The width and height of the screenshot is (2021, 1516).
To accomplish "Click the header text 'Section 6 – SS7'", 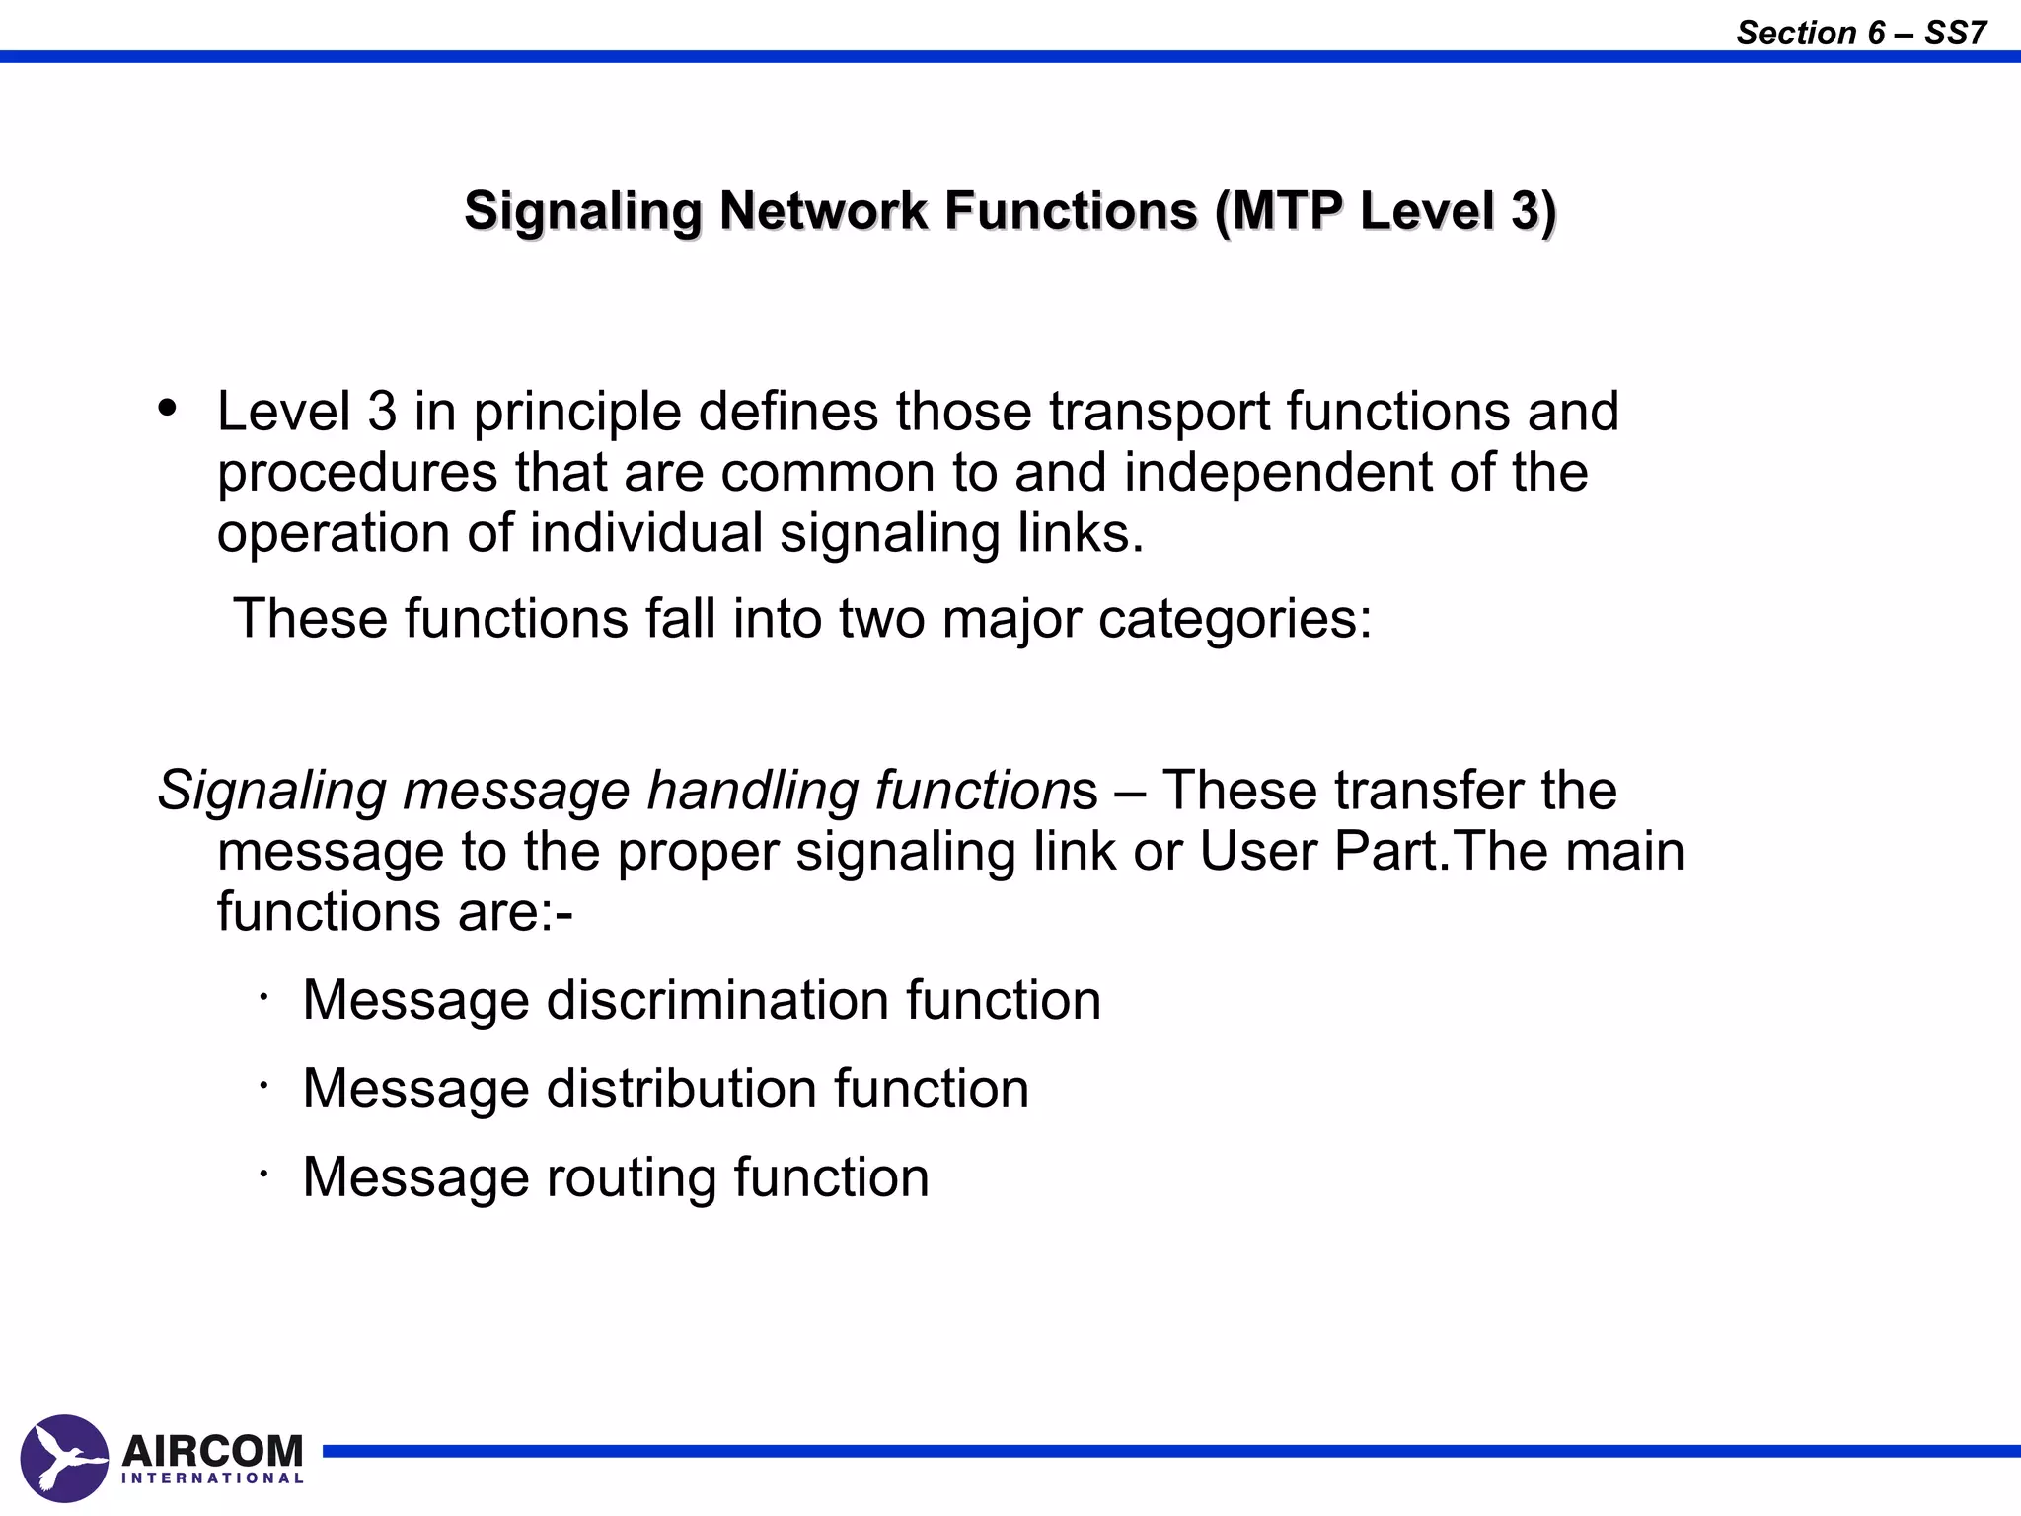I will tap(1860, 33).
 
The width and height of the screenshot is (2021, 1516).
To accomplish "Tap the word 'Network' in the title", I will tap(823, 211).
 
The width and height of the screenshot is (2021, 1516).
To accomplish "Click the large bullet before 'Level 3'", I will tap(168, 407).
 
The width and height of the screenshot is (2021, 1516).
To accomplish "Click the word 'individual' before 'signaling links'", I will tap(646, 533).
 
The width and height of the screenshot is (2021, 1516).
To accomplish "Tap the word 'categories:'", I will tap(1235, 619).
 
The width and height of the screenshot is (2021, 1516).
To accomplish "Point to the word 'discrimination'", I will tap(717, 1000).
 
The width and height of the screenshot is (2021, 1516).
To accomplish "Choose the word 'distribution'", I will tap(681, 1089).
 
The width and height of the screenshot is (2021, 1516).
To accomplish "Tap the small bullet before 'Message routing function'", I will tap(264, 1175).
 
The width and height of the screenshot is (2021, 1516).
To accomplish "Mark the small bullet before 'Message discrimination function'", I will tap(264, 997).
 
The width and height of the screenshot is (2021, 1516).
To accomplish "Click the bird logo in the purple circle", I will tap(64, 1458).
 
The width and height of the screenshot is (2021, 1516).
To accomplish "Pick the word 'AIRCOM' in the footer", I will tap(212, 1451).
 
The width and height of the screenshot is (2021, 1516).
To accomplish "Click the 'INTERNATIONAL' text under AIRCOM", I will tap(212, 1478).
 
